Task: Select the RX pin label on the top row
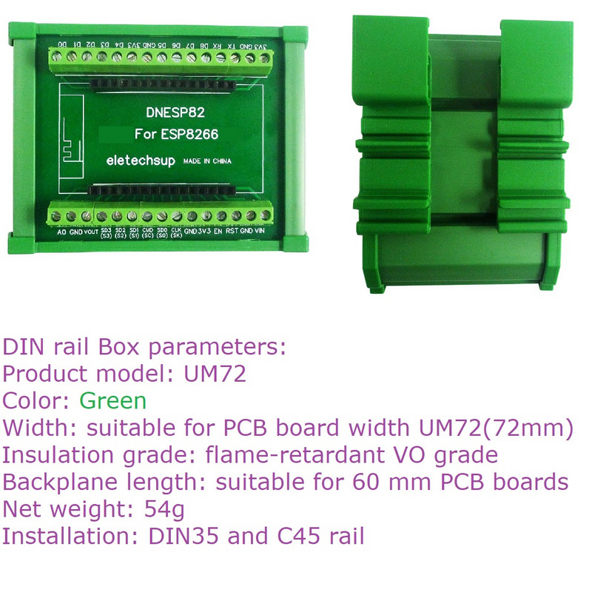tap(216, 46)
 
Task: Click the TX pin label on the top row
tap(232, 46)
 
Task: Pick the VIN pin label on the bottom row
tap(260, 232)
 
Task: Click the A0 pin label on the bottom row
tap(61, 232)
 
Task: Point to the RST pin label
tap(232, 232)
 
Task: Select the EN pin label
tap(218, 232)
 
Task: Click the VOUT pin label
tap(91, 232)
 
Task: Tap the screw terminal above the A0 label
tap(59, 216)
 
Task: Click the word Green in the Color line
tap(112, 401)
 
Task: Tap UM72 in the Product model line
tap(215, 374)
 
